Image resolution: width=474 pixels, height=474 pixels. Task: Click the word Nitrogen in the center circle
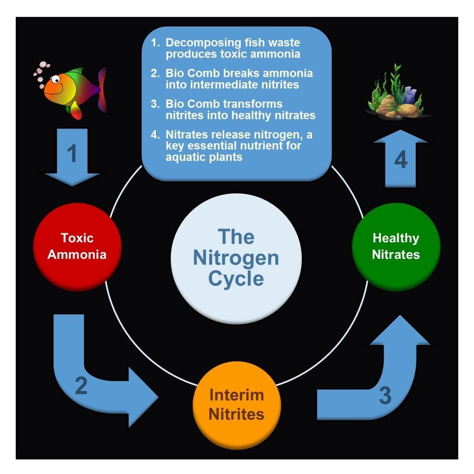tap(236, 258)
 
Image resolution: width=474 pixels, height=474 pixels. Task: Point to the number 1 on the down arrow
tap(72, 154)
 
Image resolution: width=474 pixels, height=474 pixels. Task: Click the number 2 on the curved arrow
tap(81, 385)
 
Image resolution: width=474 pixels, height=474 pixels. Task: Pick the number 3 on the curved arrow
tap(385, 395)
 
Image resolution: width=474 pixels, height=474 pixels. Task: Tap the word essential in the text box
tap(225, 146)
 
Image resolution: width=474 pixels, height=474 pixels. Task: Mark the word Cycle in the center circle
tap(236, 278)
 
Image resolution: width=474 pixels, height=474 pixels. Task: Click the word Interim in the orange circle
tap(237, 395)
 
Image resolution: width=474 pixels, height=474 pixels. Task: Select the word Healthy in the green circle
tap(396, 238)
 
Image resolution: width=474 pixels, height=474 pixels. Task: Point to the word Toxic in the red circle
tap(77, 238)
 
